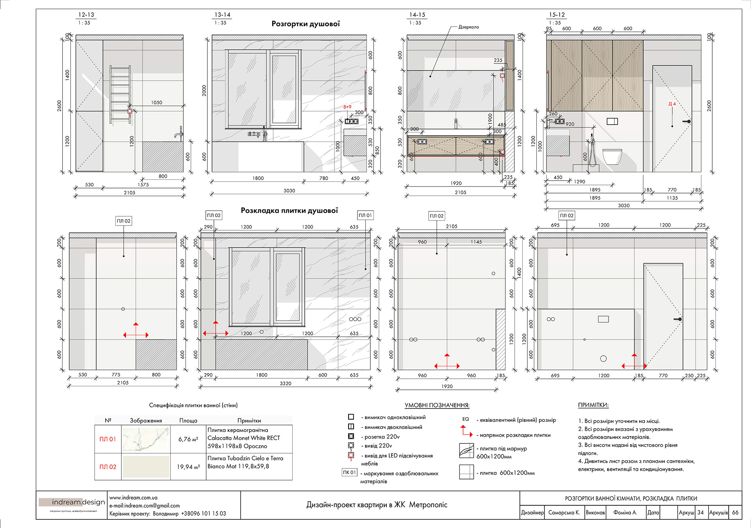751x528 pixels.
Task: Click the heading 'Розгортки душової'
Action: click(305, 24)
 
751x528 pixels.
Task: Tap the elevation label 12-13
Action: click(86, 15)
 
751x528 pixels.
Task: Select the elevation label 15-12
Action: click(557, 15)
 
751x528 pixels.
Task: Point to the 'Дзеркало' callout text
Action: click(468, 27)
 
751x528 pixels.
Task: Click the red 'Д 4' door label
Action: click(672, 104)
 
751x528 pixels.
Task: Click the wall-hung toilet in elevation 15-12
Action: click(612, 156)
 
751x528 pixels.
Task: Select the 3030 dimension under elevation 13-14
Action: click(289, 191)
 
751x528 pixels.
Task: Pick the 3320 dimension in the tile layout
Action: click(286, 383)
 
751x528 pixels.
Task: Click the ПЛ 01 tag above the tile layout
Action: click(365, 215)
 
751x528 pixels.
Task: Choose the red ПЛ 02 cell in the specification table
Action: click(108, 467)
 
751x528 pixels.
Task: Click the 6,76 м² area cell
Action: click(188, 439)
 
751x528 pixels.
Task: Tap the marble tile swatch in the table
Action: click(146, 439)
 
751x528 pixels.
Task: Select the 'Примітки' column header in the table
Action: click(249, 420)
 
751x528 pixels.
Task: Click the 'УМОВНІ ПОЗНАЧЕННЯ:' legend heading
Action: click(437, 405)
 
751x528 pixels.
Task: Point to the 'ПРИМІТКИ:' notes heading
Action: click(593, 405)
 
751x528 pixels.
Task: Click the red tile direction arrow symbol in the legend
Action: click(466, 431)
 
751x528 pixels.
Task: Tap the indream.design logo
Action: click(72, 503)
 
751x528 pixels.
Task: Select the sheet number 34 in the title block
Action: click(700, 512)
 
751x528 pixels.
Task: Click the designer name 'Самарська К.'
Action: click(564, 512)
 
